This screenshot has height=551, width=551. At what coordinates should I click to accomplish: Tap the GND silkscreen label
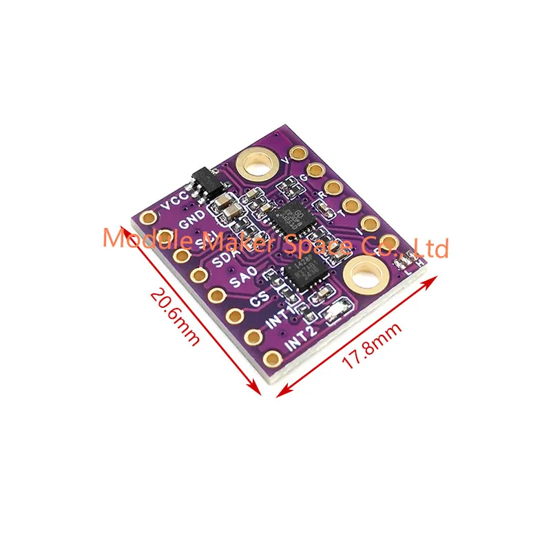click(191, 224)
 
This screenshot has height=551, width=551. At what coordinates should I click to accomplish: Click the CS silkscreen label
click(260, 300)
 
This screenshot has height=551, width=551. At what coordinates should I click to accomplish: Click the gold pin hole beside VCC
click(148, 220)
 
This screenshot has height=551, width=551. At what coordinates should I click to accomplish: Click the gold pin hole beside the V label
click(298, 155)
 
